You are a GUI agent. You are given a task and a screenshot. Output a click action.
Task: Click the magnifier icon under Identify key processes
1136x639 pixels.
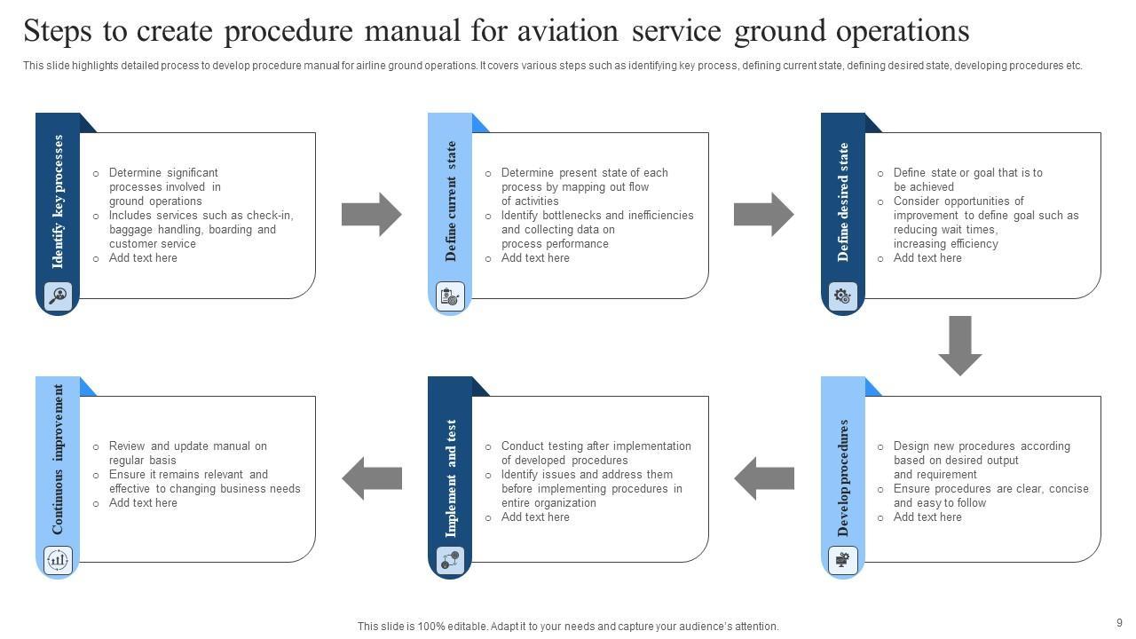[x=58, y=296]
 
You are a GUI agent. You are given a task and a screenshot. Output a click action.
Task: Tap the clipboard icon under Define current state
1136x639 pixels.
[x=450, y=296]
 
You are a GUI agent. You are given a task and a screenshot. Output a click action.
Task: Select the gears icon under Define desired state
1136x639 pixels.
[x=842, y=296]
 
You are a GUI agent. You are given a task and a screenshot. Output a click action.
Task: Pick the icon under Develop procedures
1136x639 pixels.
[x=842, y=559]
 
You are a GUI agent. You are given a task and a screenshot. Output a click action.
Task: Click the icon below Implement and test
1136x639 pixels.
[x=450, y=559]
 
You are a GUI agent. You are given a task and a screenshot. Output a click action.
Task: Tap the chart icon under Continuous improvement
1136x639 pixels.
[x=58, y=559]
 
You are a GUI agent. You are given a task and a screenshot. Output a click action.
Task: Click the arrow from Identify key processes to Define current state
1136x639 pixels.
[x=372, y=214]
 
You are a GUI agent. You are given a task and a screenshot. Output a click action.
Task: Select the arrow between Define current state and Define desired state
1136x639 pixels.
[x=764, y=214]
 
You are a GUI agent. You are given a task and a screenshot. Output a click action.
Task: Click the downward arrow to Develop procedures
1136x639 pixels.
[x=960, y=344]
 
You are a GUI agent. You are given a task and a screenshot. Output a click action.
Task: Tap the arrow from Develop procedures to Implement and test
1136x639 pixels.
[x=764, y=478]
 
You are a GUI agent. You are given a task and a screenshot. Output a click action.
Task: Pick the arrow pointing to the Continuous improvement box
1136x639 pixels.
[x=372, y=478]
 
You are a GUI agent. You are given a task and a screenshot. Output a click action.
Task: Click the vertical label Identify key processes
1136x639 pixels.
[x=59, y=201]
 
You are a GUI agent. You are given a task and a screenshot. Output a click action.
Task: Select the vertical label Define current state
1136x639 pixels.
[x=451, y=201]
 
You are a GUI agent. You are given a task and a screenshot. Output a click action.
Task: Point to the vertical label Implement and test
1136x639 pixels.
[x=451, y=478]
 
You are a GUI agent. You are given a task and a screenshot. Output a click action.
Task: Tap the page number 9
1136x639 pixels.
[x=1119, y=623]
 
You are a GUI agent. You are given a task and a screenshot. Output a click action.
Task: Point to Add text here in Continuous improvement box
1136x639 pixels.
[x=143, y=503]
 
